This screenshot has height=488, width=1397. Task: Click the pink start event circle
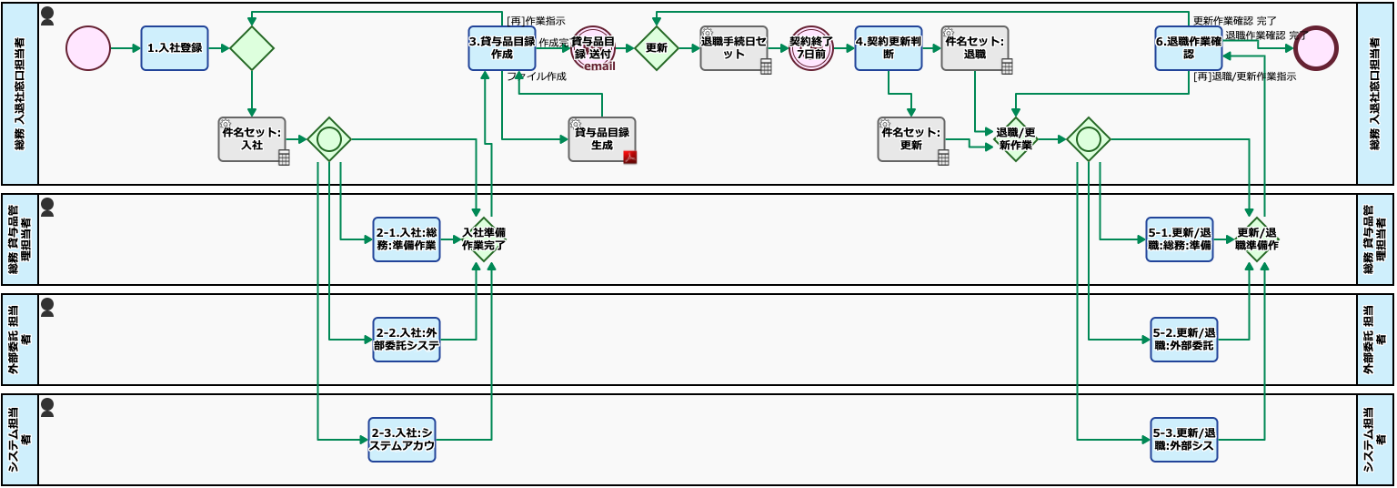[87, 48]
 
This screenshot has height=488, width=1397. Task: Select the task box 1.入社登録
[175, 48]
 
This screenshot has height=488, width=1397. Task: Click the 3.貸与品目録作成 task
[501, 48]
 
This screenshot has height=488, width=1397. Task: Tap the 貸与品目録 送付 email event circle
[593, 48]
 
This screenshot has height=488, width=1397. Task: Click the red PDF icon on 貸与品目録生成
[629, 157]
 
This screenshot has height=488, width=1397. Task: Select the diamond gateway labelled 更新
[656, 48]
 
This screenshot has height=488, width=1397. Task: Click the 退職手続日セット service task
[733, 48]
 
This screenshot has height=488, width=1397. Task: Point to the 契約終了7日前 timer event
[810, 48]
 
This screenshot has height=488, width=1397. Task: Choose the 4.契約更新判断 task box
[888, 48]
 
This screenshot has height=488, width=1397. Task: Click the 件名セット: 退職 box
[974, 48]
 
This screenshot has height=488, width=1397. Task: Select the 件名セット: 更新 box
[910, 139]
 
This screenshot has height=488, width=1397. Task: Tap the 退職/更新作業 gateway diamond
[1015, 139]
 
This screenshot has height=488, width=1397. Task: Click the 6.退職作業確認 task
[1188, 48]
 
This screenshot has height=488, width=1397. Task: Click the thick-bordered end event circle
[1315, 48]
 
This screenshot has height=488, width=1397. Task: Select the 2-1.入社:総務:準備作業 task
[406, 239]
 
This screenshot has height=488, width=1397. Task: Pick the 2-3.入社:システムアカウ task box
[401, 440]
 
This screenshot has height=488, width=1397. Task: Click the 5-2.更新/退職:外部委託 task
[1183, 340]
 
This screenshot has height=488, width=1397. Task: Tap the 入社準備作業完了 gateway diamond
[483, 239]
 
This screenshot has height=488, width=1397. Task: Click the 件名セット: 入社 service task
[251, 139]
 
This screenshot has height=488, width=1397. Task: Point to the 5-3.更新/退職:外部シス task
[1183, 440]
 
